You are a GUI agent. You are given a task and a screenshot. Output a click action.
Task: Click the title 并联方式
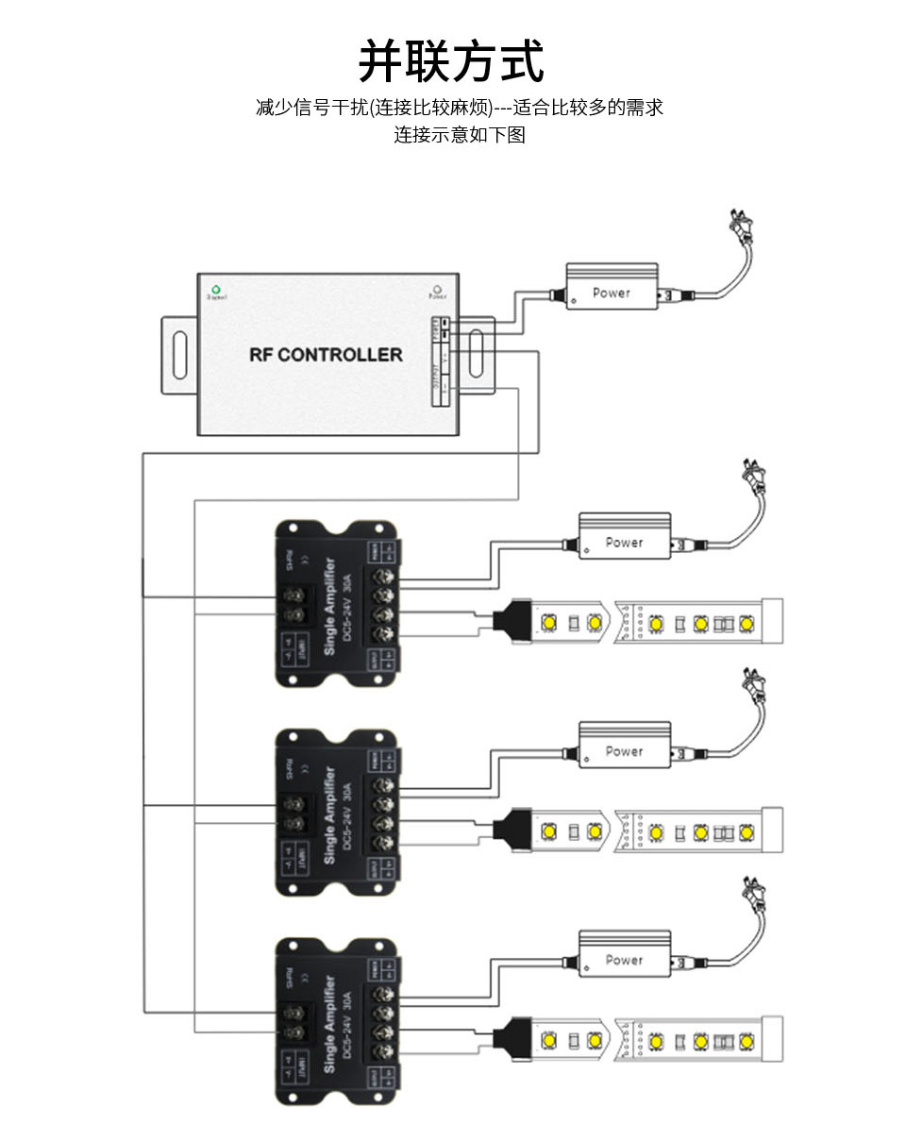pyautogui.click(x=451, y=62)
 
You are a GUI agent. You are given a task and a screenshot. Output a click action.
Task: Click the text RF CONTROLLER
pyautogui.click(x=326, y=355)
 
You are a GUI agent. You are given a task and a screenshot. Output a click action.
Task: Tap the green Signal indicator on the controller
pyautogui.click(x=216, y=289)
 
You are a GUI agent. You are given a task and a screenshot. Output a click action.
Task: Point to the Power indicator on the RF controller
pyautogui.click(x=437, y=290)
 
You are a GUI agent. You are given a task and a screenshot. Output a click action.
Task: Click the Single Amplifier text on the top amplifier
pyautogui.click(x=329, y=605)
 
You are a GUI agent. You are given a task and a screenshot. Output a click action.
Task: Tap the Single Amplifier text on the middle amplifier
pyautogui.click(x=329, y=814)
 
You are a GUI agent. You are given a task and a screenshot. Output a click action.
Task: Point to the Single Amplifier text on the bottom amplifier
pyautogui.click(x=329, y=1022)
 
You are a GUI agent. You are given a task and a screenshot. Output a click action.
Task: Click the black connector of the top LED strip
pyautogui.click(x=513, y=621)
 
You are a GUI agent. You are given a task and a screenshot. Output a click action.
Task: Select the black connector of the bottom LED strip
pyautogui.click(x=513, y=1038)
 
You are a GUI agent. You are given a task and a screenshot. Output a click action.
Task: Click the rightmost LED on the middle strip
pyautogui.click(x=747, y=831)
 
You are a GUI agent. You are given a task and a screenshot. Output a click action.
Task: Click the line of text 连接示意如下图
pyautogui.click(x=459, y=134)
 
